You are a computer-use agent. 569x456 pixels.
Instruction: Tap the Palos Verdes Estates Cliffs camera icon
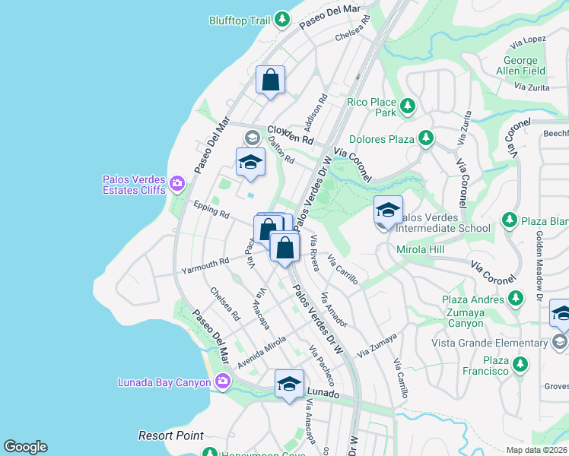177,182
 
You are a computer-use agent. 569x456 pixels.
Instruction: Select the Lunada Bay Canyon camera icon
222,381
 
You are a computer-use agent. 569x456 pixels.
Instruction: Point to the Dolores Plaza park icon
426,138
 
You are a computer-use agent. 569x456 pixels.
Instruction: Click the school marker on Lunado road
289,384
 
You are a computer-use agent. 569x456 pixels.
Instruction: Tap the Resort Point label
171,435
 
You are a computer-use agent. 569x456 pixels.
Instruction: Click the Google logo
25,447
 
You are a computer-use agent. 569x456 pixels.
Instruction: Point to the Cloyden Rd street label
290,135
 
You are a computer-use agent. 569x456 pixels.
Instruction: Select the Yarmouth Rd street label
205,266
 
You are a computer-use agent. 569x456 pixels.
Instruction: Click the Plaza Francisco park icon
520,365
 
